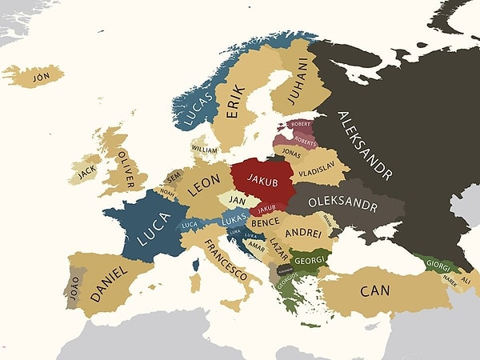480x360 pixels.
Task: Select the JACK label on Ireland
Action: coord(87,170)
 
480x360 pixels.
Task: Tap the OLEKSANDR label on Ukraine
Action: coord(342,204)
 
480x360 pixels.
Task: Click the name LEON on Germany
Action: coord(203,184)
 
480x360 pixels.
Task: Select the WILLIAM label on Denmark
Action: coord(204,149)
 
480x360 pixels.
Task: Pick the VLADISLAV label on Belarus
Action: coord(316,171)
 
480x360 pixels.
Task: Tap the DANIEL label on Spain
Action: coord(108,282)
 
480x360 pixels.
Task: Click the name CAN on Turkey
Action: coord(374,290)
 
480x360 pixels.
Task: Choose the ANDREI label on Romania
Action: coord(303,233)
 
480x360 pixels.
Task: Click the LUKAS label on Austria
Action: coord(234,219)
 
